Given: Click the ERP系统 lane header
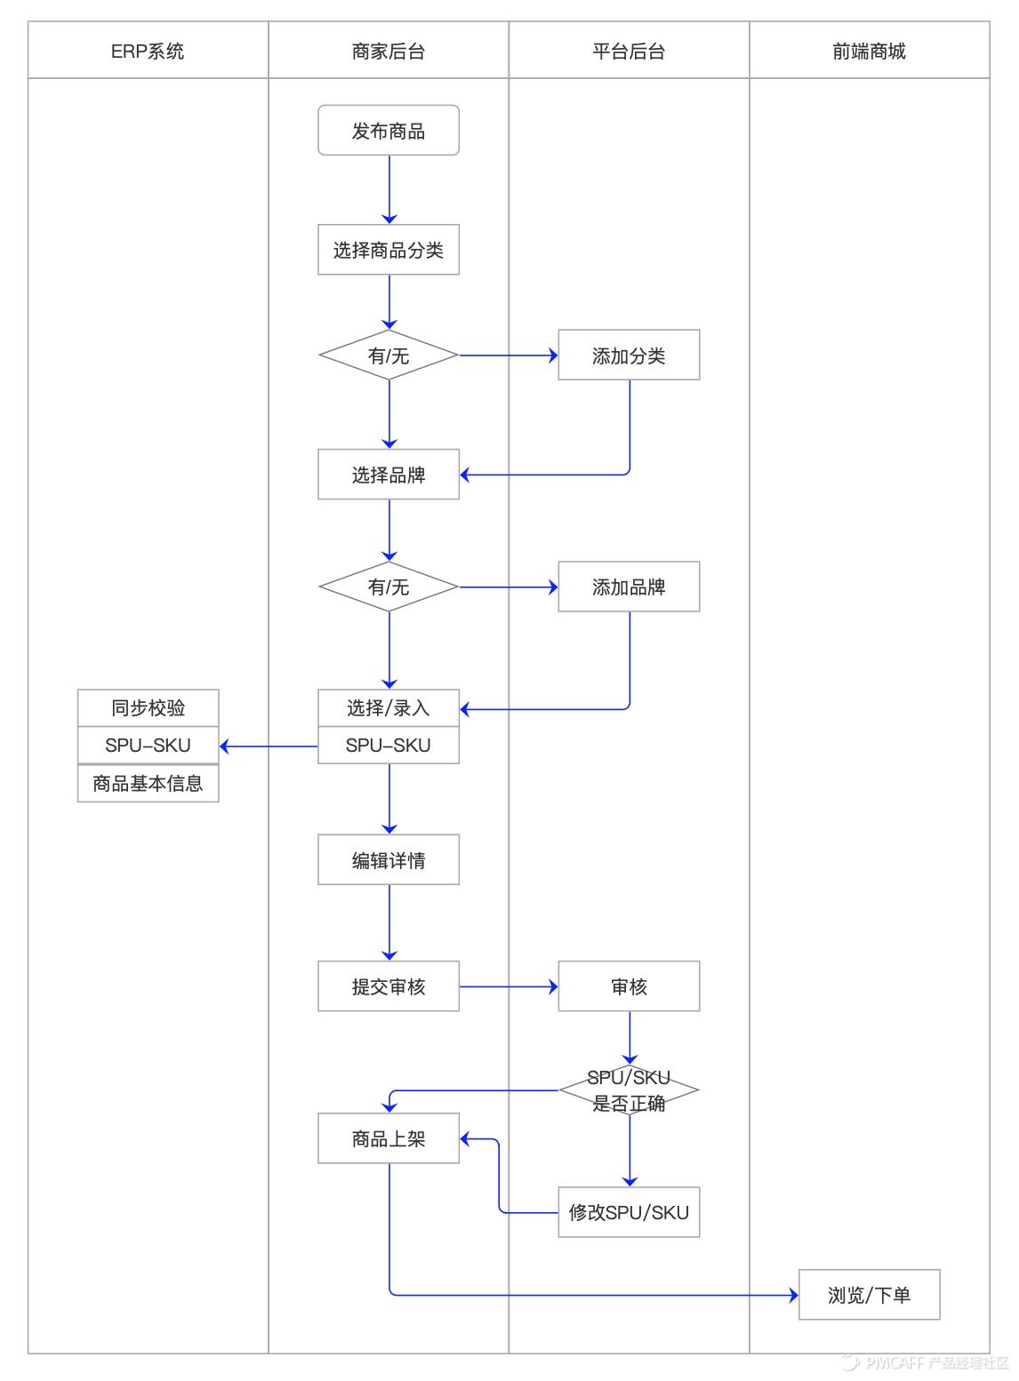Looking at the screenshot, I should coord(148,52).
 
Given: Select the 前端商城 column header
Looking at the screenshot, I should coord(869,52).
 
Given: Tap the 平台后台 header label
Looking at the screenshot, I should coord(629,52).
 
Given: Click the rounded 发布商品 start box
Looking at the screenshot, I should coord(389,131).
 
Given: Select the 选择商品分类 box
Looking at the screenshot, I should coord(389,250).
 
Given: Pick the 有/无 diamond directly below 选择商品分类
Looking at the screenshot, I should coord(389,355).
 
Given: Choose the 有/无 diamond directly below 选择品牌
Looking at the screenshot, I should coord(389,587).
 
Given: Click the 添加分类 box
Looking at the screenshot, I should coord(629,355).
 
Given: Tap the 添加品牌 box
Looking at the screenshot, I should coord(629,587).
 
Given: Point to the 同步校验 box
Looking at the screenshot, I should coord(148,707).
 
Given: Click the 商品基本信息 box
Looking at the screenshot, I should coord(148,784).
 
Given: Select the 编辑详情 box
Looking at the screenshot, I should coord(389,859).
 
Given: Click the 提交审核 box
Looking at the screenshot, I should coord(389,986).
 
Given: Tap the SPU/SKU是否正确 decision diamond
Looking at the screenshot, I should coord(629,1090).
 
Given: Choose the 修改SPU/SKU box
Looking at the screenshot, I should coord(629,1212).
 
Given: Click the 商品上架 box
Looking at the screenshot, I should coord(389,1138).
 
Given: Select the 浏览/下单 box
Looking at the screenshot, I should coord(869,1295).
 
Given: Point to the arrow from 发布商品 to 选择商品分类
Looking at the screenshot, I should coord(389,189).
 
